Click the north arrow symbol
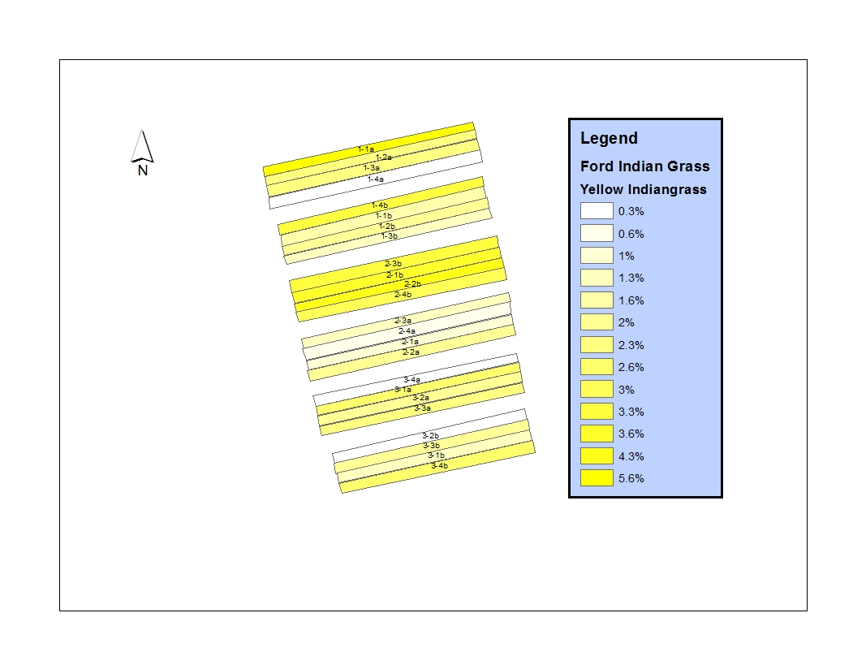pyautogui.click(x=142, y=153)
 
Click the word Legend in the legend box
pyautogui.click(x=609, y=138)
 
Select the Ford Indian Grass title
pyautogui.click(x=644, y=166)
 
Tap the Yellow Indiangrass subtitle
pyautogui.click(x=643, y=189)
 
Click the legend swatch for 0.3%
pyautogui.click(x=597, y=211)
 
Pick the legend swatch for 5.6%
pyautogui.click(x=597, y=478)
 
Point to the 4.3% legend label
pyautogui.click(x=631, y=456)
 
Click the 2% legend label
pyautogui.click(x=627, y=322)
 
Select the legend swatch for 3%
pyautogui.click(x=597, y=389)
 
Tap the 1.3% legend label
pyautogui.click(x=631, y=278)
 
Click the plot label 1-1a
pyautogui.click(x=365, y=149)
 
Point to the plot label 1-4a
pyautogui.click(x=376, y=179)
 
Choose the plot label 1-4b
pyautogui.click(x=379, y=205)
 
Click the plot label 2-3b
pyautogui.click(x=394, y=264)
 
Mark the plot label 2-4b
pyautogui.click(x=403, y=295)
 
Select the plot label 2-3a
pyautogui.click(x=403, y=321)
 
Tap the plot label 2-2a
pyautogui.click(x=411, y=352)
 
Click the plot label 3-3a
pyautogui.click(x=423, y=408)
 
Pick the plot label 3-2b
pyautogui.click(x=430, y=436)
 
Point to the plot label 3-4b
pyautogui.click(x=439, y=466)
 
